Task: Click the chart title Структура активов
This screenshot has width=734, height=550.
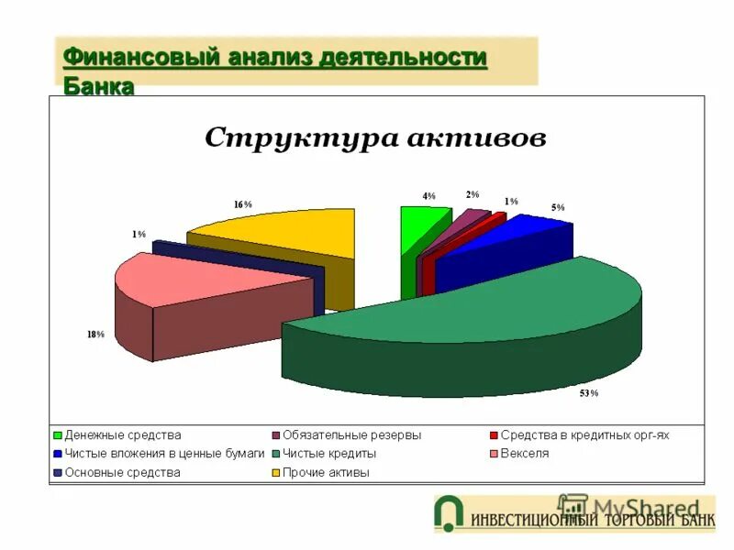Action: pyautogui.click(x=375, y=138)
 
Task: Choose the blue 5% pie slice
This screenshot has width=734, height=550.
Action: pyautogui.click(x=532, y=234)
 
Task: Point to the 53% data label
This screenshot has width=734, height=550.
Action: pyautogui.click(x=588, y=393)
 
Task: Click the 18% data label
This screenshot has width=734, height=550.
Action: pyautogui.click(x=95, y=335)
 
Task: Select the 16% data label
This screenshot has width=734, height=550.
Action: pyautogui.click(x=242, y=204)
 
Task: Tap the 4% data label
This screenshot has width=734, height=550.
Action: pyautogui.click(x=428, y=196)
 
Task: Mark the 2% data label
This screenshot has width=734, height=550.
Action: pyautogui.click(x=473, y=194)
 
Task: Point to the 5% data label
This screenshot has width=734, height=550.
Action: pyautogui.click(x=558, y=208)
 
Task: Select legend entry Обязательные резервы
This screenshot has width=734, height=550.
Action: pyautogui.click(x=351, y=434)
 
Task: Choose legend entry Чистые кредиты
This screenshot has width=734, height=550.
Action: pyautogui.click(x=329, y=453)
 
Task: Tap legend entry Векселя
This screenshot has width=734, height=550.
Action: pyautogui.click(x=525, y=453)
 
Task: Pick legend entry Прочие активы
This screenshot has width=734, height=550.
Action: pyautogui.click(x=326, y=472)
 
